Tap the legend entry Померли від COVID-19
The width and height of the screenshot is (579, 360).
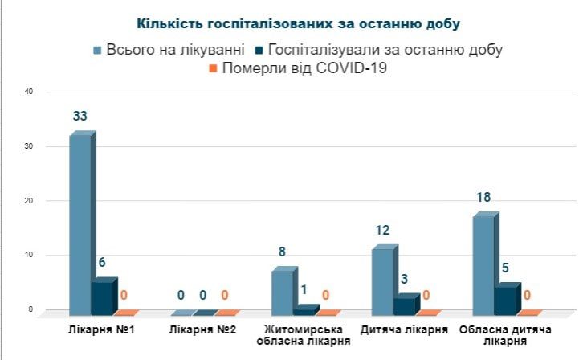(298, 69)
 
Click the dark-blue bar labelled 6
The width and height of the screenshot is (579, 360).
(102, 297)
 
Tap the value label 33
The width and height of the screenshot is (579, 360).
(80, 117)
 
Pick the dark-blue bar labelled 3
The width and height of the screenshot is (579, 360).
(404, 304)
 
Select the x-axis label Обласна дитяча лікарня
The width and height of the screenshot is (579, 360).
(504, 336)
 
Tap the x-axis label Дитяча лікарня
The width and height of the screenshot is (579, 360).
(404, 330)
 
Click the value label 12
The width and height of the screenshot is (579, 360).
(382, 231)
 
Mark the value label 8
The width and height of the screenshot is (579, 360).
(282, 252)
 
